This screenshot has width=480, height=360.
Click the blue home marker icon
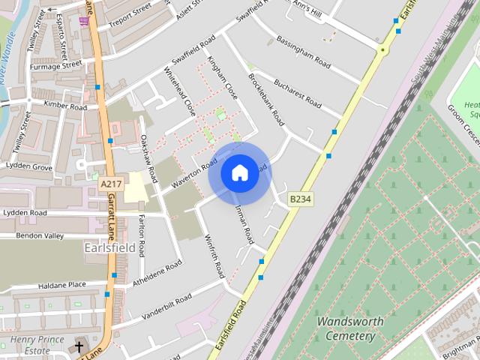239,173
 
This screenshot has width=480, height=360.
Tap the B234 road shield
299,199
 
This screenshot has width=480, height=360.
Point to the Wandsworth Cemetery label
346,328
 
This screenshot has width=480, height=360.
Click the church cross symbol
79,346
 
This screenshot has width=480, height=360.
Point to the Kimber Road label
65,106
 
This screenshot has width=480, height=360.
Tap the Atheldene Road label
157,274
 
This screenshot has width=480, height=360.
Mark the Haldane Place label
62,285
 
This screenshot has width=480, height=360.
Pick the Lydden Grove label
28,166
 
